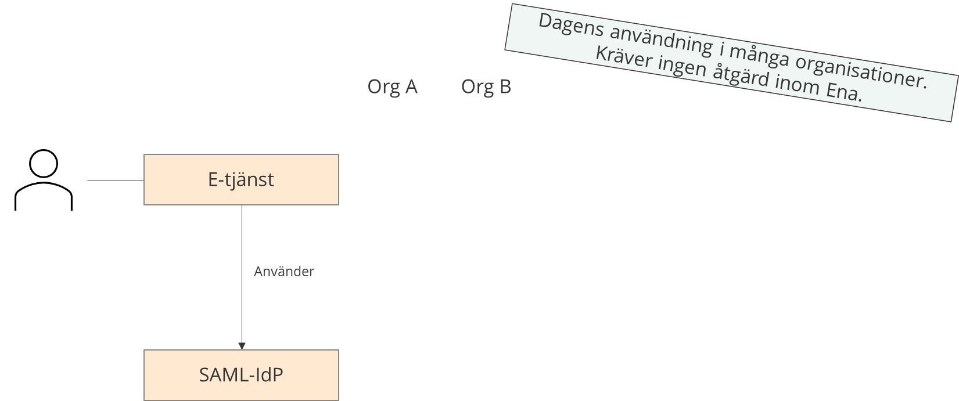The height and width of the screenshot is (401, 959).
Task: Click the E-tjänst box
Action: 241,180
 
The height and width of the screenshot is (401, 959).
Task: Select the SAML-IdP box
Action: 241,375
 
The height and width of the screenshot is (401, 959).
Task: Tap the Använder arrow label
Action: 283,272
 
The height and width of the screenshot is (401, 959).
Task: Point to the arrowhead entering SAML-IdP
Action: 242,346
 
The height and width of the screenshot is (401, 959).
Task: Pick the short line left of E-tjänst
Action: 115,180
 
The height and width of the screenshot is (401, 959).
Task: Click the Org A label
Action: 392,87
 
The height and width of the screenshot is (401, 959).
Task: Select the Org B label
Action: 486,87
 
